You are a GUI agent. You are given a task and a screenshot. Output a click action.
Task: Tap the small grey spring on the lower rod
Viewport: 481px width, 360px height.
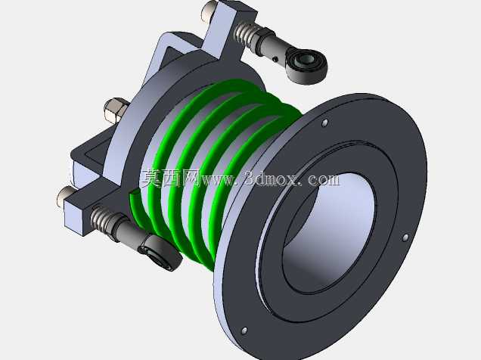[x=101, y=219]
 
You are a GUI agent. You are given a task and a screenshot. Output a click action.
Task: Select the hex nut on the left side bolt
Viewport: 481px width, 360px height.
[x=116, y=108]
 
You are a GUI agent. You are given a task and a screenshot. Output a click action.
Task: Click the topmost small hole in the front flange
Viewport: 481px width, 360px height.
[x=325, y=123]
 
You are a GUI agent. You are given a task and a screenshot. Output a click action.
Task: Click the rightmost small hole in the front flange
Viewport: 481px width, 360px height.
[x=405, y=237]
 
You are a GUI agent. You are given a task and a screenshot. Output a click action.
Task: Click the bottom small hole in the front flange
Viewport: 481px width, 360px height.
[x=244, y=331]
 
